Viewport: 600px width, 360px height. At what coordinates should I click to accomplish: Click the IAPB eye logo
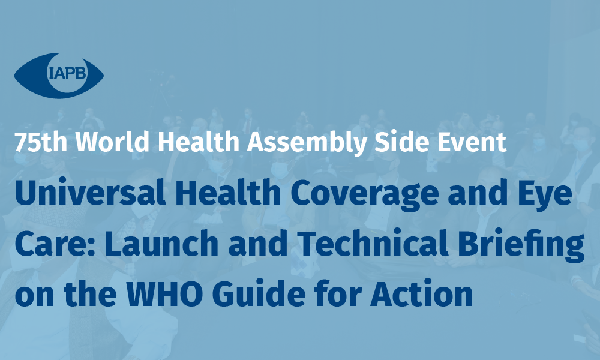click(x=59, y=76)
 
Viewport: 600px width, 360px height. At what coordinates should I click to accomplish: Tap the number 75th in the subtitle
click(x=41, y=142)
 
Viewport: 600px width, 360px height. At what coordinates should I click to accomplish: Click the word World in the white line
click(x=112, y=142)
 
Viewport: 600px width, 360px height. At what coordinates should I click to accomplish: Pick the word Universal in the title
click(x=91, y=193)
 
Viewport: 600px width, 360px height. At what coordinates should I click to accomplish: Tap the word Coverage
click(x=365, y=194)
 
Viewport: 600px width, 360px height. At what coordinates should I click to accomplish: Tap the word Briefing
click(x=521, y=245)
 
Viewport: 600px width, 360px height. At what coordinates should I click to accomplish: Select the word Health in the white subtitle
click(x=199, y=142)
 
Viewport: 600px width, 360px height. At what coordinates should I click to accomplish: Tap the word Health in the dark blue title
click(x=228, y=193)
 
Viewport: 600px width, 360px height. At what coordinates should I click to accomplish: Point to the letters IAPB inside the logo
click(x=68, y=73)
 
